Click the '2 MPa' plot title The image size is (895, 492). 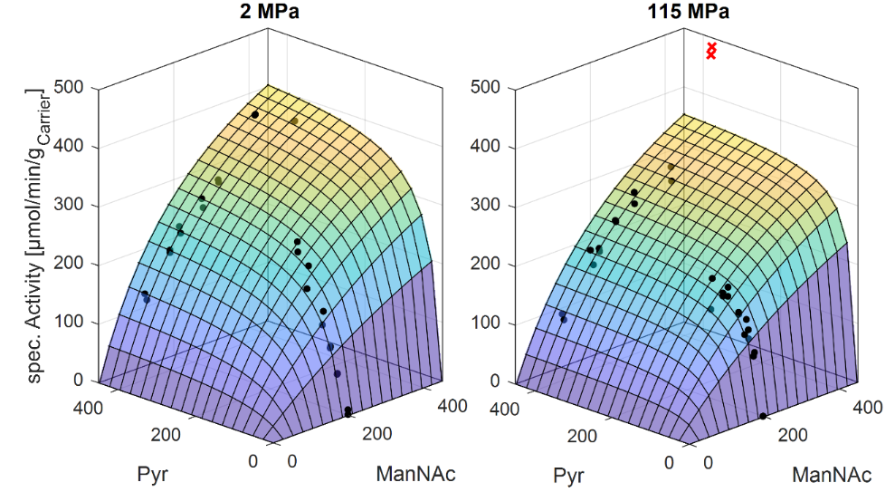271,14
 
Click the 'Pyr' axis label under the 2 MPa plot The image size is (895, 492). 152,475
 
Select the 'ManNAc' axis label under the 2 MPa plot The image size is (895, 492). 415,475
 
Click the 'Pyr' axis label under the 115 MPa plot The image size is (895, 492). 567,476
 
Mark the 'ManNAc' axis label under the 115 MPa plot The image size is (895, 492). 832,476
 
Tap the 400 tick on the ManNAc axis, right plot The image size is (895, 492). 866,408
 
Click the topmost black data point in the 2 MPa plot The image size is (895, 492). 255,115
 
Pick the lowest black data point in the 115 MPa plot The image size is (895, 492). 763,416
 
